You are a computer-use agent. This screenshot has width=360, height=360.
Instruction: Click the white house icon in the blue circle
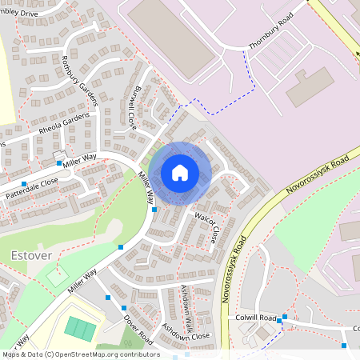tap(180, 172)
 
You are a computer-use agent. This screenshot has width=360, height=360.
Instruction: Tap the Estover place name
tap(33, 255)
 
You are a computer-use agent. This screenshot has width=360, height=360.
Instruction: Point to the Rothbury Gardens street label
tap(80, 80)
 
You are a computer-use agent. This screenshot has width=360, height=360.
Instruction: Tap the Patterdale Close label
tap(31, 182)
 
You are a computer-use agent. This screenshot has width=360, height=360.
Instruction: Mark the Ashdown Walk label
tap(186, 303)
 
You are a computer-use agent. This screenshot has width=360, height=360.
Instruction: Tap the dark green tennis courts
tap(78, 327)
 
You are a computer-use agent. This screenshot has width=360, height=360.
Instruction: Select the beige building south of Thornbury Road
tap(309, 87)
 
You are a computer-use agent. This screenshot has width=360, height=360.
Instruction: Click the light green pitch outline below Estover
tap(55, 276)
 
